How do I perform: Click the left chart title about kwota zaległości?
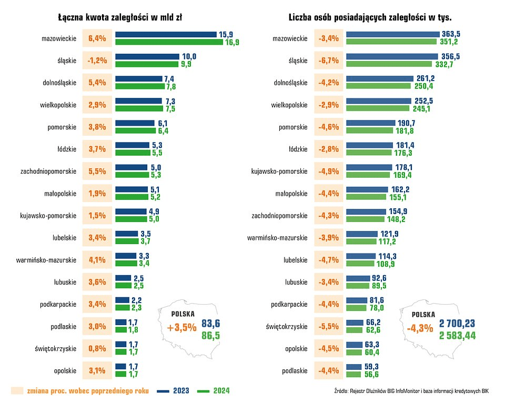click(x=120, y=17)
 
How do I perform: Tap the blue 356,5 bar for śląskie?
click(x=392, y=56)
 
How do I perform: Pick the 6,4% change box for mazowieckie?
click(x=97, y=38)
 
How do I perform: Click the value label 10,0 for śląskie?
click(x=189, y=56)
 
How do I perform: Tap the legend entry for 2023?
click(x=174, y=391)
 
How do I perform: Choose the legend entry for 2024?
click(x=214, y=391)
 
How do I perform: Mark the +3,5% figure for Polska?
click(x=181, y=328)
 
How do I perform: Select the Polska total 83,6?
click(x=211, y=323)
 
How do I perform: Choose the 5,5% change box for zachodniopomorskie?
click(x=97, y=171)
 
